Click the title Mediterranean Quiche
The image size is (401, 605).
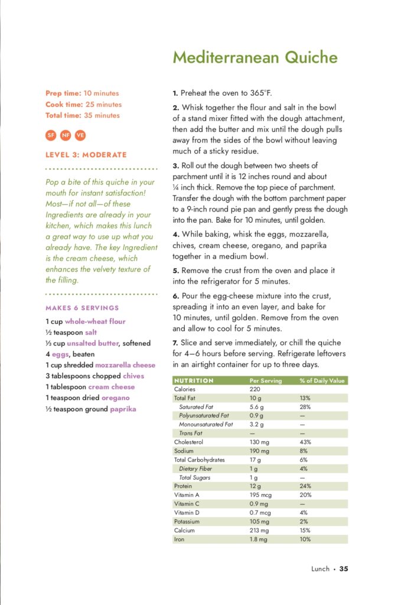pyautogui.click(x=255, y=57)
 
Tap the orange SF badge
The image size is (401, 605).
pyautogui.click(x=51, y=135)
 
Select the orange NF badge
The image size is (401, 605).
pyautogui.click(x=66, y=135)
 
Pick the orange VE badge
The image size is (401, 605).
pyautogui.click(x=80, y=135)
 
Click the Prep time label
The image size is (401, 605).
pyautogui.click(x=63, y=93)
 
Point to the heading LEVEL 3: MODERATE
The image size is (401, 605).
pyautogui.click(x=86, y=155)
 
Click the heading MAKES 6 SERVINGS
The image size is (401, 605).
pyautogui.click(x=82, y=308)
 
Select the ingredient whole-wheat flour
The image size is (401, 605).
pyautogui.click(x=95, y=322)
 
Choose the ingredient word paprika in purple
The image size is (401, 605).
pyautogui.click(x=123, y=409)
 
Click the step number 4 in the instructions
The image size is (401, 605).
pyautogui.click(x=175, y=234)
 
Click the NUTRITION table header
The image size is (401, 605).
pyautogui.click(x=194, y=380)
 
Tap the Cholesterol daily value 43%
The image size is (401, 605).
pyautogui.click(x=306, y=442)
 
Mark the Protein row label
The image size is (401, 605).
pyautogui.click(x=183, y=486)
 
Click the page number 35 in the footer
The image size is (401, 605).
pyautogui.click(x=344, y=569)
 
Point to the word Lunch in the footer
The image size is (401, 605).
pyautogui.click(x=321, y=569)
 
